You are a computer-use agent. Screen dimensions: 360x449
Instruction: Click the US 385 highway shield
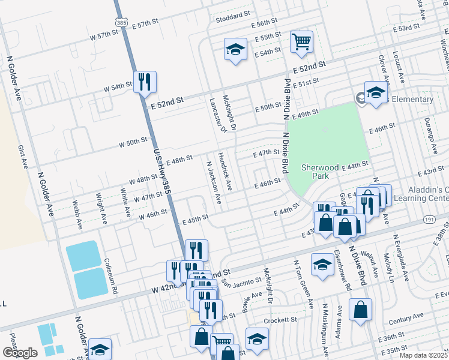[122, 22]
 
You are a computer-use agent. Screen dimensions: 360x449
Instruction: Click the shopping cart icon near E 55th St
[301, 41]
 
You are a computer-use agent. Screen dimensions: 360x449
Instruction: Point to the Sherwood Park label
[320, 172]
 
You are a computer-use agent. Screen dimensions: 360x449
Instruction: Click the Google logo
[20, 352]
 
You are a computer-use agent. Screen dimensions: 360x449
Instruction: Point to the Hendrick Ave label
[224, 167]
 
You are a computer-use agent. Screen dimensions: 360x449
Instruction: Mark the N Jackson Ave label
[214, 183]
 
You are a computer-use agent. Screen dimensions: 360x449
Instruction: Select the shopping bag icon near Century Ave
[360, 311]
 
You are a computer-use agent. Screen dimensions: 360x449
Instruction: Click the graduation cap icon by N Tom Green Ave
[322, 264]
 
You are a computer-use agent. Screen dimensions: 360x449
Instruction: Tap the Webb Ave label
[77, 215]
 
